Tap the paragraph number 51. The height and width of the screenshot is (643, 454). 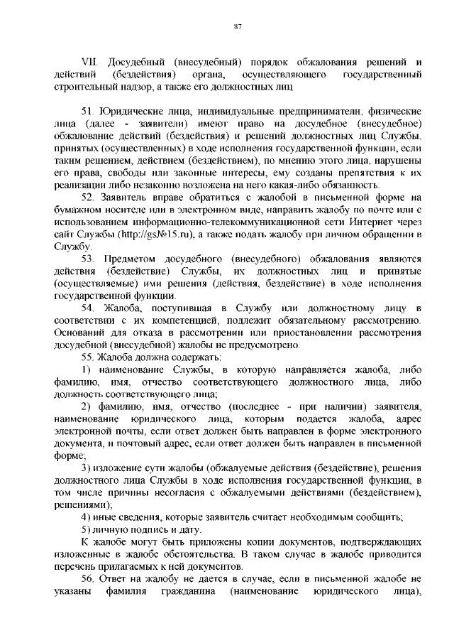tap(89, 111)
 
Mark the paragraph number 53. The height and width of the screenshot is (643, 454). tap(89, 257)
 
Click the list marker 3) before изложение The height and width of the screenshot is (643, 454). tap(86, 466)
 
